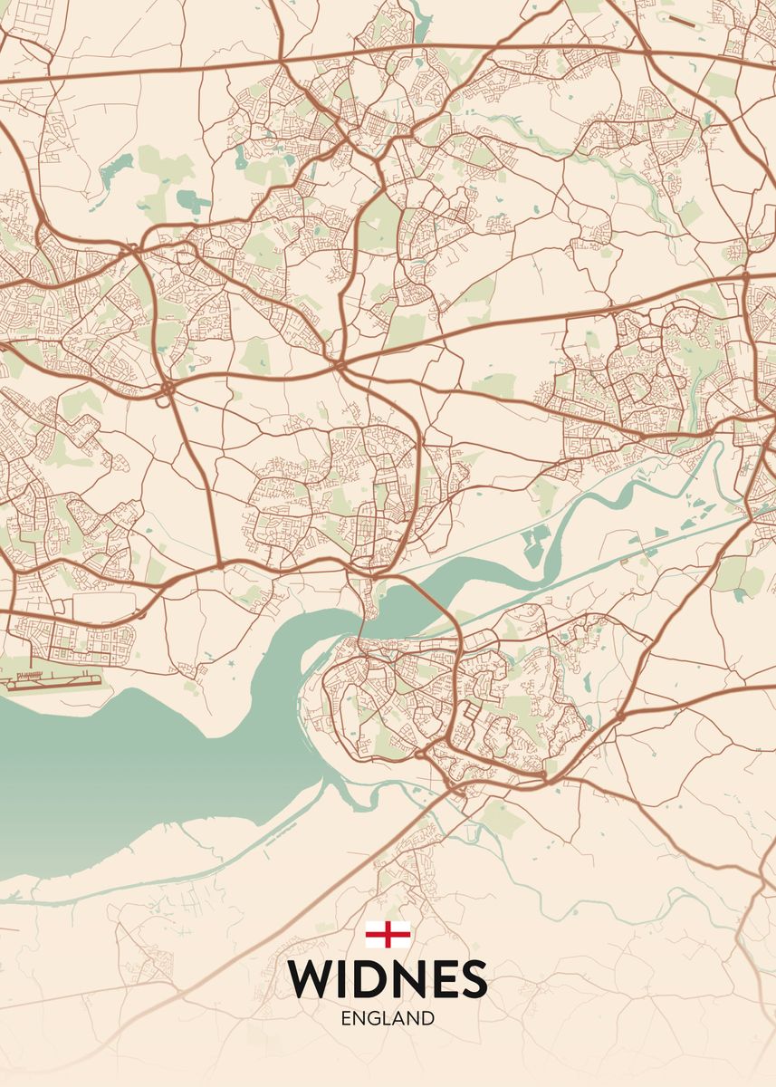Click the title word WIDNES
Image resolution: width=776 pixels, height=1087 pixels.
tap(388, 978)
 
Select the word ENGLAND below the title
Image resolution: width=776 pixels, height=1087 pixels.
tap(388, 1018)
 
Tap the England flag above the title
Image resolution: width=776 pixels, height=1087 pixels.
tap(388, 934)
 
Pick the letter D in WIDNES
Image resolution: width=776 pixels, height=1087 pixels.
tap(371, 978)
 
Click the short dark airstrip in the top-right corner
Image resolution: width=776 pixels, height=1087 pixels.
tap(688, 17)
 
